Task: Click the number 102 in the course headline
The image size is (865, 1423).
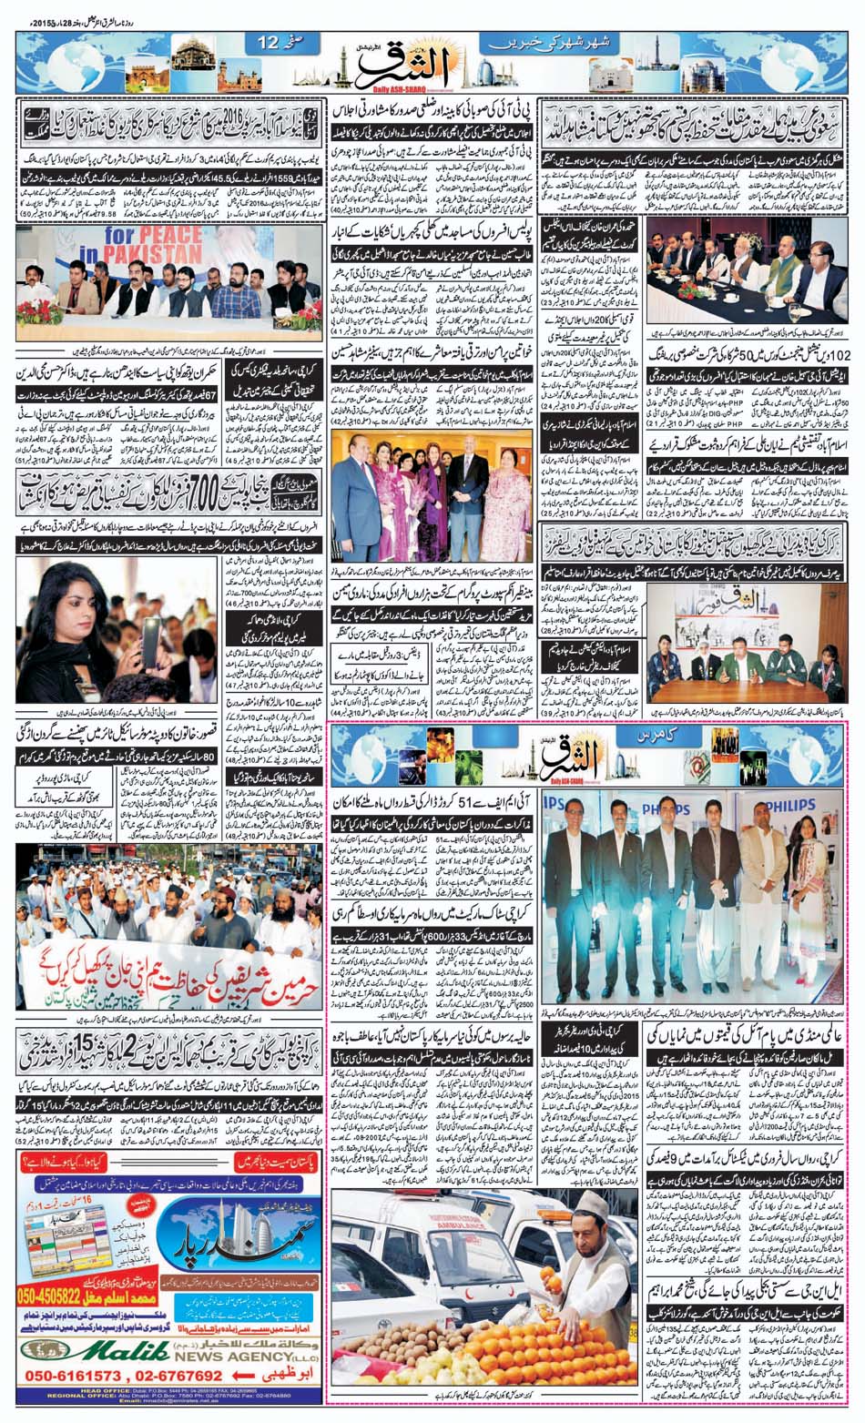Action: coord(844,351)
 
